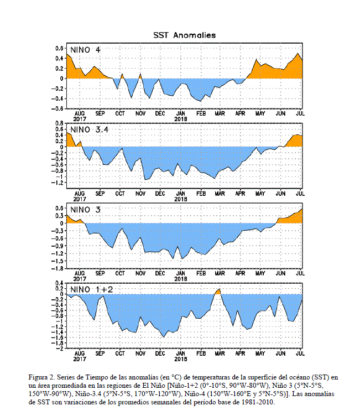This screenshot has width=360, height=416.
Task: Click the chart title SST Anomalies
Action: [x=184, y=35]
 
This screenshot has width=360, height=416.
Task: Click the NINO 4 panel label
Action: [x=85, y=51]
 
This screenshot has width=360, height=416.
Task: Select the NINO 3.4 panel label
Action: [x=90, y=129]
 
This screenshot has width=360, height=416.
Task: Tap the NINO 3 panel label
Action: [x=85, y=210]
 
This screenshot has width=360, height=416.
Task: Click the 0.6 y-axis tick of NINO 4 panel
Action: [x=59, y=48]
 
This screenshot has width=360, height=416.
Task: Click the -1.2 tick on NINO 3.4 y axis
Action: [x=57, y=183]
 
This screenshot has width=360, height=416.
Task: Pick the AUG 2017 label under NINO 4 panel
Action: [x=80, y=116]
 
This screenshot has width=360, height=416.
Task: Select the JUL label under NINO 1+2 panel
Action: [x=300, y=352]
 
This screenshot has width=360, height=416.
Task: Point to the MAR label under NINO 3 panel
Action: [x=220, y=273]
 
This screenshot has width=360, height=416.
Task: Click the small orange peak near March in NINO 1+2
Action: [x=218, y=291]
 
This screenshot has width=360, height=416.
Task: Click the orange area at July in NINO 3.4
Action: [x=298, y=141]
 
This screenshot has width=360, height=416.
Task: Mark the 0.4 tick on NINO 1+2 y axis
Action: [x=59, y=283]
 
